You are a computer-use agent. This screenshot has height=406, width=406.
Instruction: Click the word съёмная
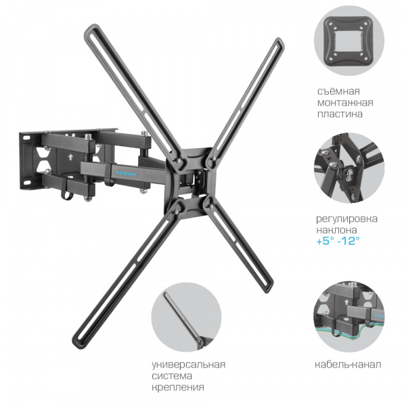coord(338,91)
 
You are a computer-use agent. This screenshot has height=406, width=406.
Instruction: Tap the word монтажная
coord(345,103)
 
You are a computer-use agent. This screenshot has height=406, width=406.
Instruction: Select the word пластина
coord(340,114)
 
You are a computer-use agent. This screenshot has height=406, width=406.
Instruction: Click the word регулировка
coord(346,219)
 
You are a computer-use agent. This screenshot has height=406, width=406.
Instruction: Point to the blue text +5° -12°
coord(338,242)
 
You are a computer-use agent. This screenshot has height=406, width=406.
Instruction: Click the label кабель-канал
coord(348,365)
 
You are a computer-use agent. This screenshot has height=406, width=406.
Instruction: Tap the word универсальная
coord(189,365)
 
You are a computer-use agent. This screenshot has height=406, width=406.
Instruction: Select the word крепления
coord(178,387)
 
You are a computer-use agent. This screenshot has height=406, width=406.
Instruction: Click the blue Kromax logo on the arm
coord(127,173)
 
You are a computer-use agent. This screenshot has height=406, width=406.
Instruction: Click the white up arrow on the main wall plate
coord(70,157)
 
